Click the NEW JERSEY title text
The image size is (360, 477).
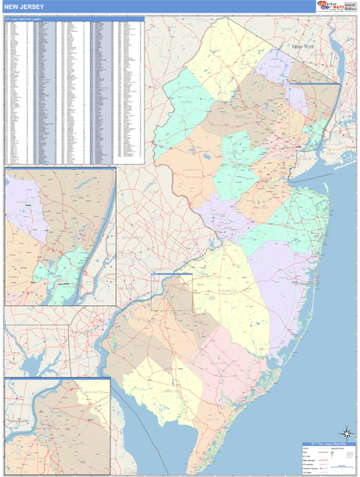click(x=27, y=6)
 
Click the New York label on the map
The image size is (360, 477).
click(x=305, y=48)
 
